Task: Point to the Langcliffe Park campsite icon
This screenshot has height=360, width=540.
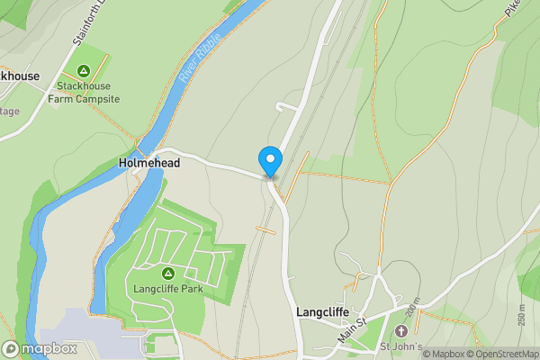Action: (166, 273)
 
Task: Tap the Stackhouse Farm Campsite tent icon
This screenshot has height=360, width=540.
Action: (84, 70)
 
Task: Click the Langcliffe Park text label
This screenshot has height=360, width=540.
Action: (166, 289)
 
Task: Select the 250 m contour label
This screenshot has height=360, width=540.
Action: (522, 315)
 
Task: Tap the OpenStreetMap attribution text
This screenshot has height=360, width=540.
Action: (502, 354)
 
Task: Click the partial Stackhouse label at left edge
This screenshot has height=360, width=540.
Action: (19, 76)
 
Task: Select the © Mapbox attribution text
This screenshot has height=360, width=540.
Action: (443, 354)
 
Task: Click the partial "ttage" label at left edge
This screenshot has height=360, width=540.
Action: (9, 111)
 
